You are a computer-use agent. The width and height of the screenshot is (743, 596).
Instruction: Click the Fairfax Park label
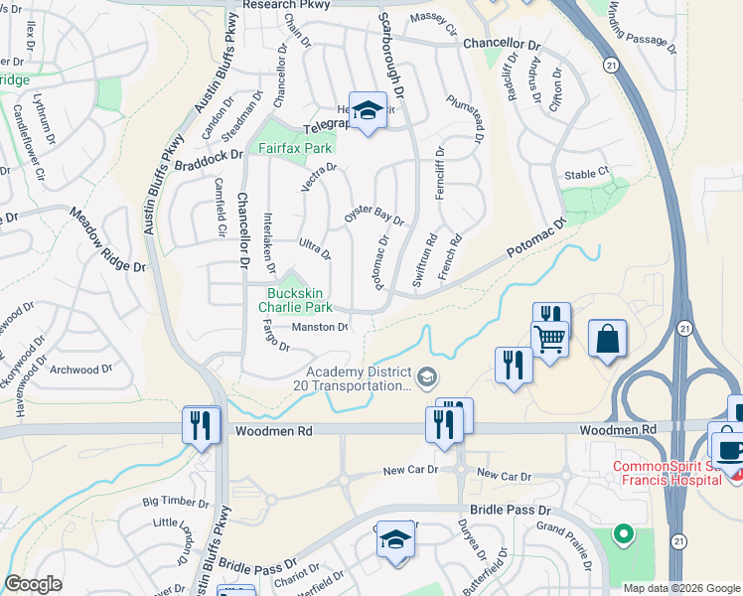point(294,148)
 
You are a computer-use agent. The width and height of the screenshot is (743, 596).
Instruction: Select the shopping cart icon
point(550,338)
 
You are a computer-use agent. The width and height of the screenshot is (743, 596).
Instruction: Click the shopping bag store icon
point(607,339)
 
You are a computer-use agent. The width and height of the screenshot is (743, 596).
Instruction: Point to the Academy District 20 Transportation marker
point(427,376)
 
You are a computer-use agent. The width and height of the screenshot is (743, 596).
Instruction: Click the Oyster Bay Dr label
point(373,217)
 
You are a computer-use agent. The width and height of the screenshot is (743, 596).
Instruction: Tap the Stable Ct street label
point(586,174)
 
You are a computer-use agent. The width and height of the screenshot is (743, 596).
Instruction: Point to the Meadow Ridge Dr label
point(107,239)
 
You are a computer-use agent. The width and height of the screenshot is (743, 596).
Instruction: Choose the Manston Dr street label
point(319,327)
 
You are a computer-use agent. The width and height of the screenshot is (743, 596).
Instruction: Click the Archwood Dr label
point(80,370)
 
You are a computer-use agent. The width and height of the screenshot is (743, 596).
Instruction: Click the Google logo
point(34,584)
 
